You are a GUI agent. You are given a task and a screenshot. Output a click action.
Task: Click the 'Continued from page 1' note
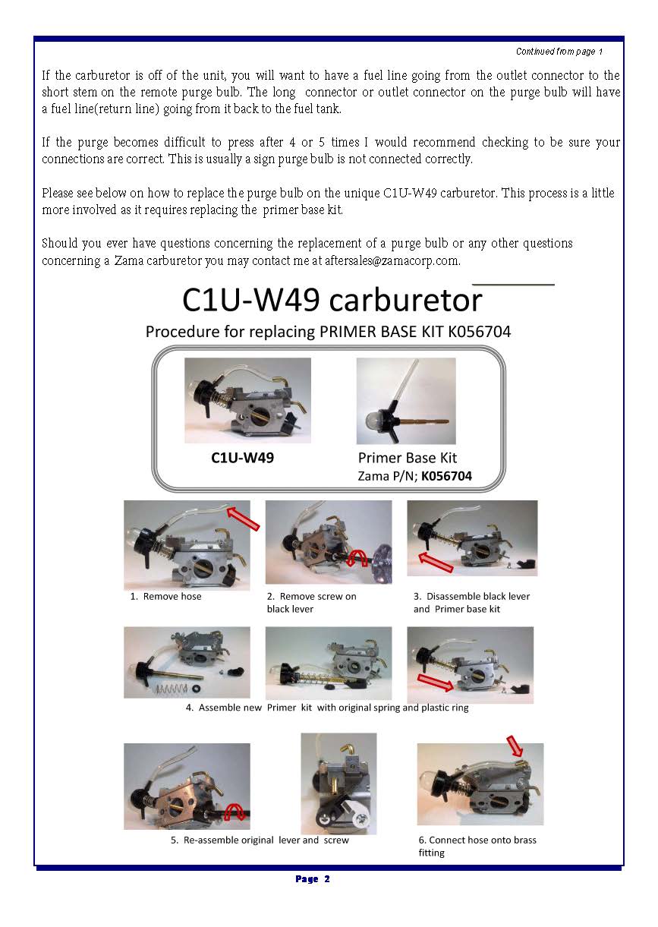coord(559,52)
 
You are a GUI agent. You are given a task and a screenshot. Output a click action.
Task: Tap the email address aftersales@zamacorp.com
coord(392,260)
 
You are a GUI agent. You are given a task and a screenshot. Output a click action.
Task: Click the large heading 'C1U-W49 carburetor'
coord(332,300)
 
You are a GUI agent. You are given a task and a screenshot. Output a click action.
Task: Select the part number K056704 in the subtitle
coord(480,332)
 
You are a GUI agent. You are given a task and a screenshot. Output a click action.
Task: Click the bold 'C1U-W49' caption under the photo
coord(242,458)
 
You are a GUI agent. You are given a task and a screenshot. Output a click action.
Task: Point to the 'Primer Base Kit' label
coord(408,458)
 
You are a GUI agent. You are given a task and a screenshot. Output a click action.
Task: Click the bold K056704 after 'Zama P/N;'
coord(446,476)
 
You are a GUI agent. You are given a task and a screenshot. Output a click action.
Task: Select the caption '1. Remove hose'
coord(166,596)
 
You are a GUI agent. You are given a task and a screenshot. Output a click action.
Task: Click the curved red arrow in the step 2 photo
coord(357,557)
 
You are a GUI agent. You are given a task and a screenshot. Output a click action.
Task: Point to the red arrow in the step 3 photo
coord(436,563)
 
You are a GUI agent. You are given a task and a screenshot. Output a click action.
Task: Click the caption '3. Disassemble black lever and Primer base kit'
coord(471,603)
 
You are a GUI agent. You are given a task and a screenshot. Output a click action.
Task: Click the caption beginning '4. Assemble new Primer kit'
coord(327,708)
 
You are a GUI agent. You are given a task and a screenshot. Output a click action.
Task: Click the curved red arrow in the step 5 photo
coord(235,812)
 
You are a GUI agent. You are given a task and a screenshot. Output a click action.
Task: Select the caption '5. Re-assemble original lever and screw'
coord(260,840)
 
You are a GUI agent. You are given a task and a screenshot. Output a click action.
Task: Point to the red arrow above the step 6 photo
coord(515,746)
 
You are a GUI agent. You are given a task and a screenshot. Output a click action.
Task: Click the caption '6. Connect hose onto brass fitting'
coord(477,847)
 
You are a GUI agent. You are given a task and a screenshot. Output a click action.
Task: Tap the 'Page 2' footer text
coord(313,879)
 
